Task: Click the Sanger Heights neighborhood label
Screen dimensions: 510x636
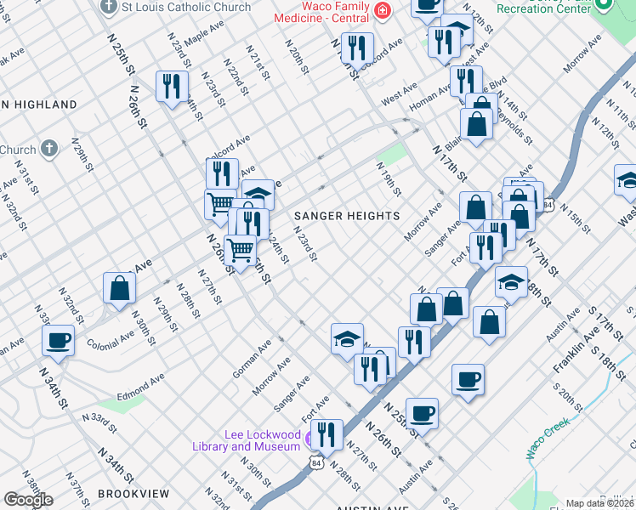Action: tap(346, 216)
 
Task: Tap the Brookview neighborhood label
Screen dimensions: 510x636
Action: tap(133, 493)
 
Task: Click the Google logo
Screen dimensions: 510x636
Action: tap(28, 500)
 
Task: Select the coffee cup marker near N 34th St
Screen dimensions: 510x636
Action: tap(58, 341)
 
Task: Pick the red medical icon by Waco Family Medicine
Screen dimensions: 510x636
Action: tap(383, 12)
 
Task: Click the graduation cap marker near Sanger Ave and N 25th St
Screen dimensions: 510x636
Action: tap(347, 339)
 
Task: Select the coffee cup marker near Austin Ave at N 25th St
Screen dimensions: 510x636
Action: tap(422, 414)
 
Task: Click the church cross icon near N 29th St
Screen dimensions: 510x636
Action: tap(50, 149)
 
